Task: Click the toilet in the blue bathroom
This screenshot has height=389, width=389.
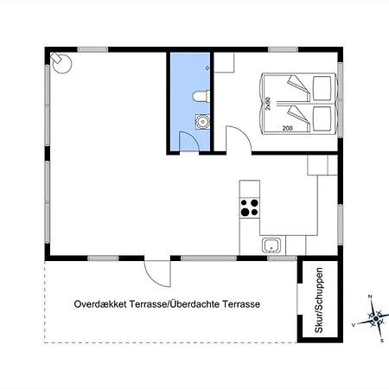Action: pos(201,96)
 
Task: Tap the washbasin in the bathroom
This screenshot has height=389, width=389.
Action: pos(202,122)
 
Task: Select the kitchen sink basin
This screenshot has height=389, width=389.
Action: pos(271,246)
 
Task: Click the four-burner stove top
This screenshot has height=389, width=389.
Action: pos(250,207)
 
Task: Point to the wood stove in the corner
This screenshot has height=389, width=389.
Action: pos(61,62)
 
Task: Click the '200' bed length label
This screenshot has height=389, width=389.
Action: pos(287,128)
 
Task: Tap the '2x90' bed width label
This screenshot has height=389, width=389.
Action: pos(268,104)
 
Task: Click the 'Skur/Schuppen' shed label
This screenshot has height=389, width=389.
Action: pos(319,300)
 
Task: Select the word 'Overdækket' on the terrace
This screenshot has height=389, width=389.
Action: pos(100,304)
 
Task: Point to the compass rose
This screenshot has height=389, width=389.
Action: pos(375,319)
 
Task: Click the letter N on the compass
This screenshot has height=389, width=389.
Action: pos(371,297)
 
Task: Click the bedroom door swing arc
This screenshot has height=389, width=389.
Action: pos(239,136)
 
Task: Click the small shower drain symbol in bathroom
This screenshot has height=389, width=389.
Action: pos(207,68)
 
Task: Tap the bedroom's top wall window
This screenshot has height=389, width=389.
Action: pos(283,49)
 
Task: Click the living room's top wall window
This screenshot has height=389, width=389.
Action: pos(92,49)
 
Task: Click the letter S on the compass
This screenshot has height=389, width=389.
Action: pos(382,341)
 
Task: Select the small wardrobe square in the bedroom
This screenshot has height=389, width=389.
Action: pos(224,62)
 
